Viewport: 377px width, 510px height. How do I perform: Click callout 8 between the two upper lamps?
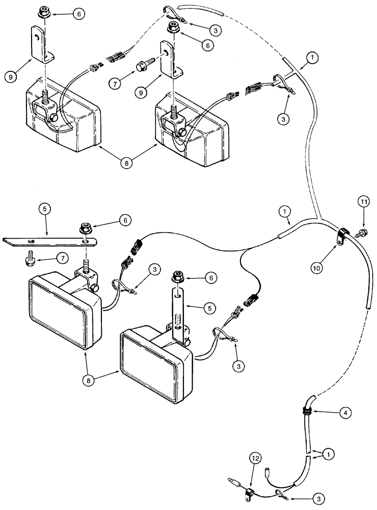126,164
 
